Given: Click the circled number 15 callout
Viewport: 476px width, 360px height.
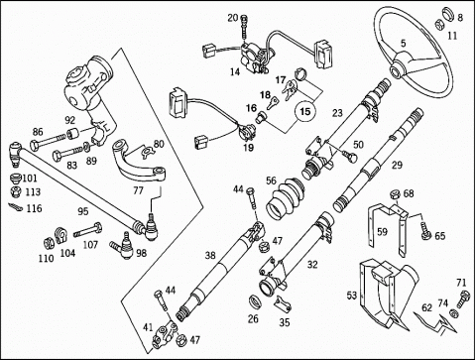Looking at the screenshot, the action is pos(305,111).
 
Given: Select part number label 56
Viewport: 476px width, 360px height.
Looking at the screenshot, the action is pos(271,180).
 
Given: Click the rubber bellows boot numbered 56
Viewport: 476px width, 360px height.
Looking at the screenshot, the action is pos(285,199).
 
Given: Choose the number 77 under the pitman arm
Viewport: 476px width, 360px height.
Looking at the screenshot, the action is pos(139,190).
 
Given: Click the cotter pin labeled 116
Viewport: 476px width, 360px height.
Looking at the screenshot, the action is pos(15,207).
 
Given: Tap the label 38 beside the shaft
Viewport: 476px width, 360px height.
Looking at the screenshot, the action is pos(210,255).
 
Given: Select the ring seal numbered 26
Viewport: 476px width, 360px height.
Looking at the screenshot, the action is pos(255,301).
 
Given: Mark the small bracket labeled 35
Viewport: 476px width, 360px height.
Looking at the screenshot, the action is pos(283,303).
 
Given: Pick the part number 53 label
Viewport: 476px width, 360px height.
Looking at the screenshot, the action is pos(352,295).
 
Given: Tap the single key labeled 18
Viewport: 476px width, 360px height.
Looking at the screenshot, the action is pos(276,102).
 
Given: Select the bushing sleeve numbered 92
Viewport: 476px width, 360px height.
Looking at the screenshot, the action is pos(72,134).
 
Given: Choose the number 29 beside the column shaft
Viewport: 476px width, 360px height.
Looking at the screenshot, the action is pos(397,165).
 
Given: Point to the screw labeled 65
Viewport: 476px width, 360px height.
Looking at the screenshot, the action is pos(425,230).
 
